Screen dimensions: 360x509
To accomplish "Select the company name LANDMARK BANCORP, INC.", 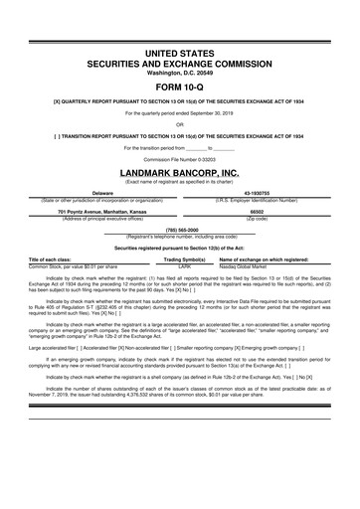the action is click(x=179, y=171).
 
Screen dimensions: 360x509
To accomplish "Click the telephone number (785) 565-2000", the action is click(x=179, y=230).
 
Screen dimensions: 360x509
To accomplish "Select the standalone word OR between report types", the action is click(x=179, y=124).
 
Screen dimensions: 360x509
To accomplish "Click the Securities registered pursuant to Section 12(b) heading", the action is click(x=179, y=247).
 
